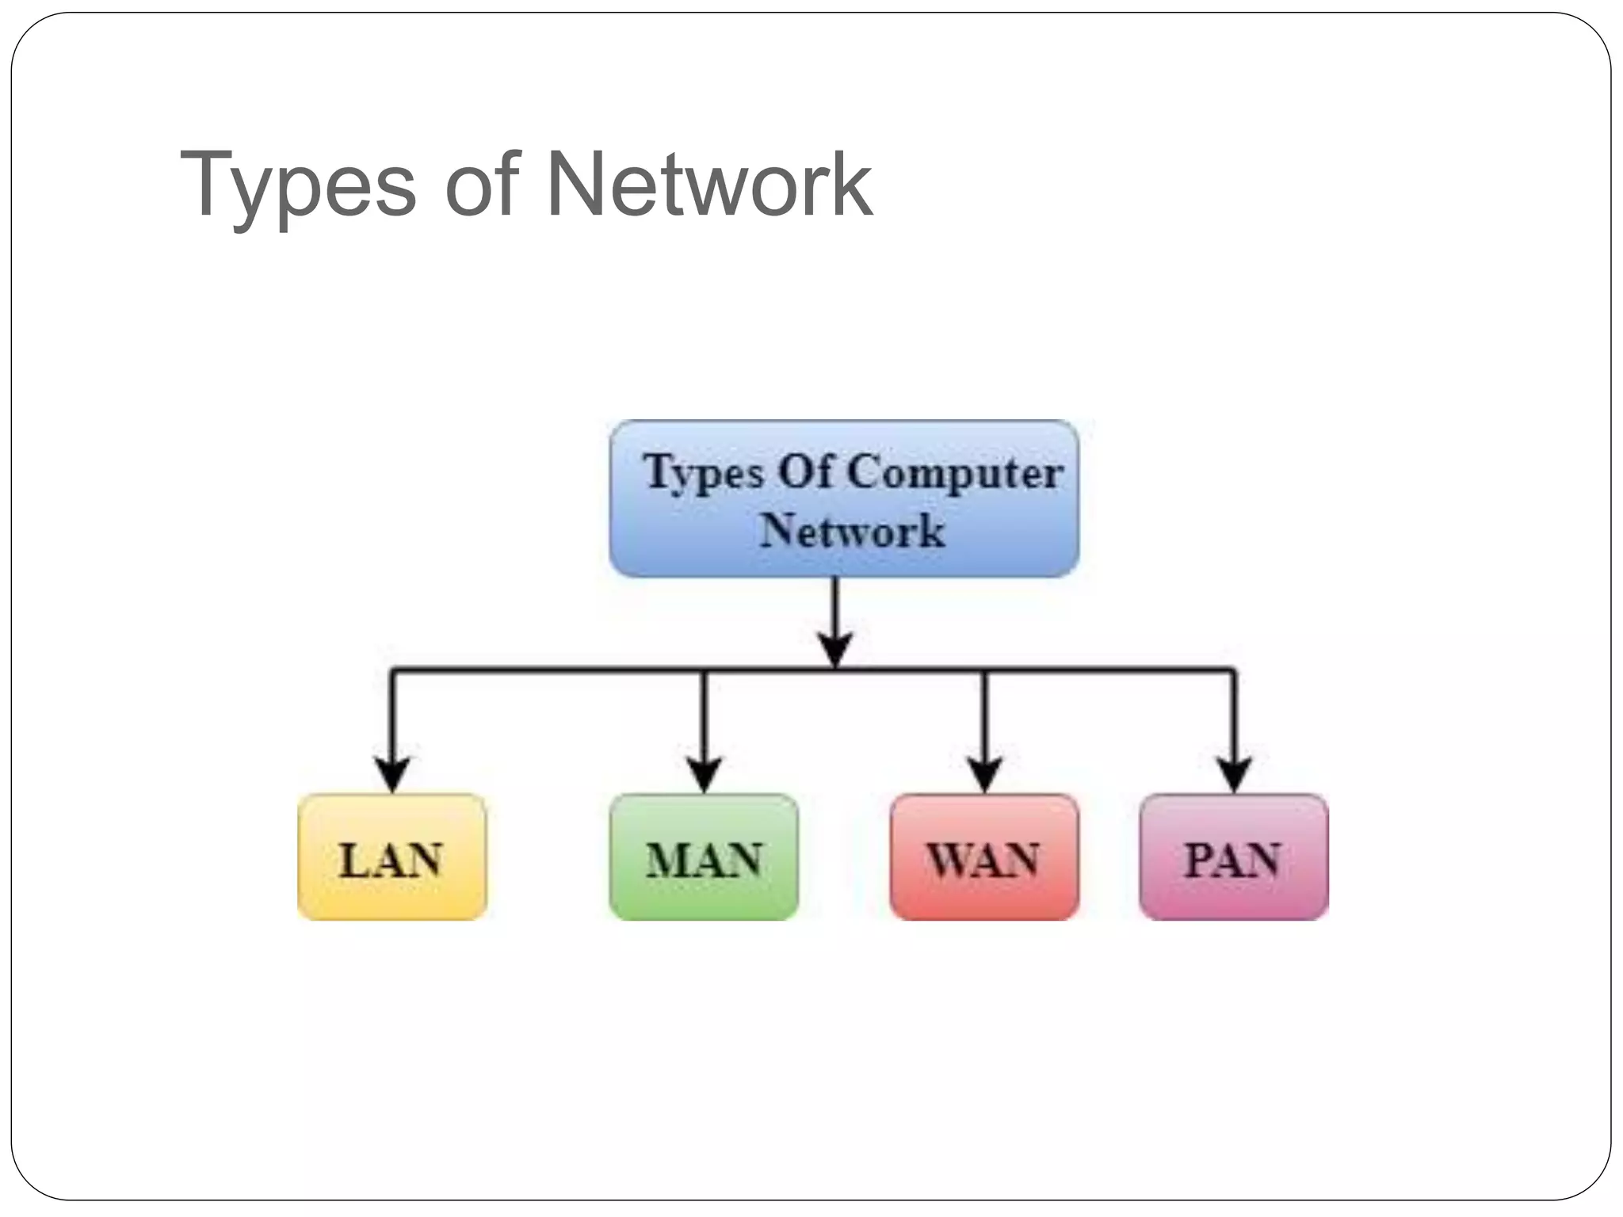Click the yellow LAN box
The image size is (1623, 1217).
(x=391, y=857)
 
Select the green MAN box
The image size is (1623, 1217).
(x=704, y=857)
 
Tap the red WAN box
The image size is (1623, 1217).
(x=983, y=857)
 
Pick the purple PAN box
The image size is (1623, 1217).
(x=1233, y=857)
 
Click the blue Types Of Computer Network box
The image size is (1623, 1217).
(x=844, y=499)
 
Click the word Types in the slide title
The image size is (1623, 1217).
(x=297, y=186)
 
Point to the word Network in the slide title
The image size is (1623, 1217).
(x=709, y=186)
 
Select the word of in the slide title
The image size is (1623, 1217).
(x=482, y=186)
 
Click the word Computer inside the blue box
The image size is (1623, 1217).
(x=955, y=473)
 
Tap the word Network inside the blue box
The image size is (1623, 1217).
(x=852, y=531)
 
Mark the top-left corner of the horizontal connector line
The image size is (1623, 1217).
(x=392, y=672)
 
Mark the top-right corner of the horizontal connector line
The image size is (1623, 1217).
(x=1233, y=672)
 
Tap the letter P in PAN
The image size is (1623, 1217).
(x=1199, y=860)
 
